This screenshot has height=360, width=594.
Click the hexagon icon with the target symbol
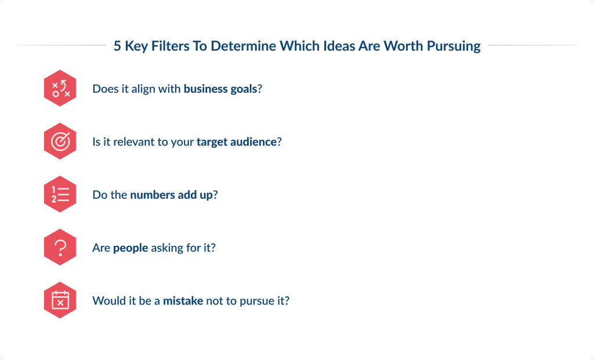click(60, 141)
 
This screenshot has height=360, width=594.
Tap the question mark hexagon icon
click(60, 248)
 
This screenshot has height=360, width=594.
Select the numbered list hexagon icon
click(60, 194)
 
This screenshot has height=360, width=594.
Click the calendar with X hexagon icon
click(60, 301)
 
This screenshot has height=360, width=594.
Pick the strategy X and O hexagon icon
click(60, 88)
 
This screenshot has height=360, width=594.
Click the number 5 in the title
click(117, 46)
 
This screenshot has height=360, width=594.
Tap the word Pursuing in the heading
click(454, 46)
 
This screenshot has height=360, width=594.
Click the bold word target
click(212, 141)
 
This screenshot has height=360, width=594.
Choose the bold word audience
click(253, 141)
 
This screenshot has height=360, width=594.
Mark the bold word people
click(131, 248)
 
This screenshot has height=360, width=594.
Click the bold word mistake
click(183, 301)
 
